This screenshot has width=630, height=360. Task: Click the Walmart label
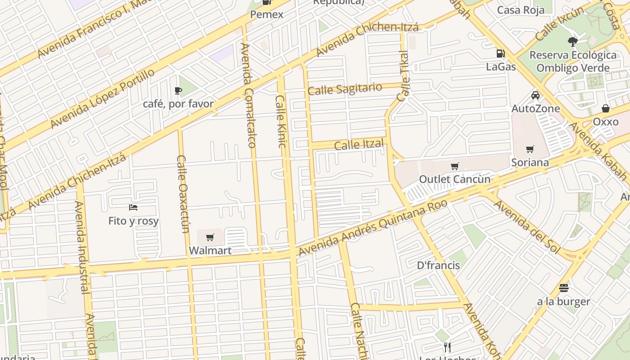tap(210, 250)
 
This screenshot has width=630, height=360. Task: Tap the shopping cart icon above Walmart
tap(210, 237)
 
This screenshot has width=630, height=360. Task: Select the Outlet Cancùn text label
tap(454, 179)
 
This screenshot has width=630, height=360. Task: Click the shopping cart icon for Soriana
tap(530, 149)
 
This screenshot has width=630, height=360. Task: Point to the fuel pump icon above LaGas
tap(500, 54)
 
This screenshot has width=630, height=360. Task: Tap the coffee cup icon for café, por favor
tap(178, 91)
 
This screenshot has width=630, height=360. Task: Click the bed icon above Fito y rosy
tap(133, 207)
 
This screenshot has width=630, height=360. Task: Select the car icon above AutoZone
tap(535, 95)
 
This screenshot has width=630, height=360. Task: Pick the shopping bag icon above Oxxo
tap(606, 108)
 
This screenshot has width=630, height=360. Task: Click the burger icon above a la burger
tap(564, 288)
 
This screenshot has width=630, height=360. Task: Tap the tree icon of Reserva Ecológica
tap(572, 42)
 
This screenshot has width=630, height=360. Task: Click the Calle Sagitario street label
tap(345, 89)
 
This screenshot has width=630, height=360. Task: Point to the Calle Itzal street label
tap(359, 145)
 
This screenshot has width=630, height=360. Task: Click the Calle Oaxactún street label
tap(182, 194)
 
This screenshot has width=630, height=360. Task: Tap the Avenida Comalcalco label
tap(248, 95)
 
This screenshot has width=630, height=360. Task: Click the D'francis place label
tap(438, 265)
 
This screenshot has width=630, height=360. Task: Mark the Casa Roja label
tap(521, 10)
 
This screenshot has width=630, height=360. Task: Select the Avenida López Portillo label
tap(103, 99)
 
